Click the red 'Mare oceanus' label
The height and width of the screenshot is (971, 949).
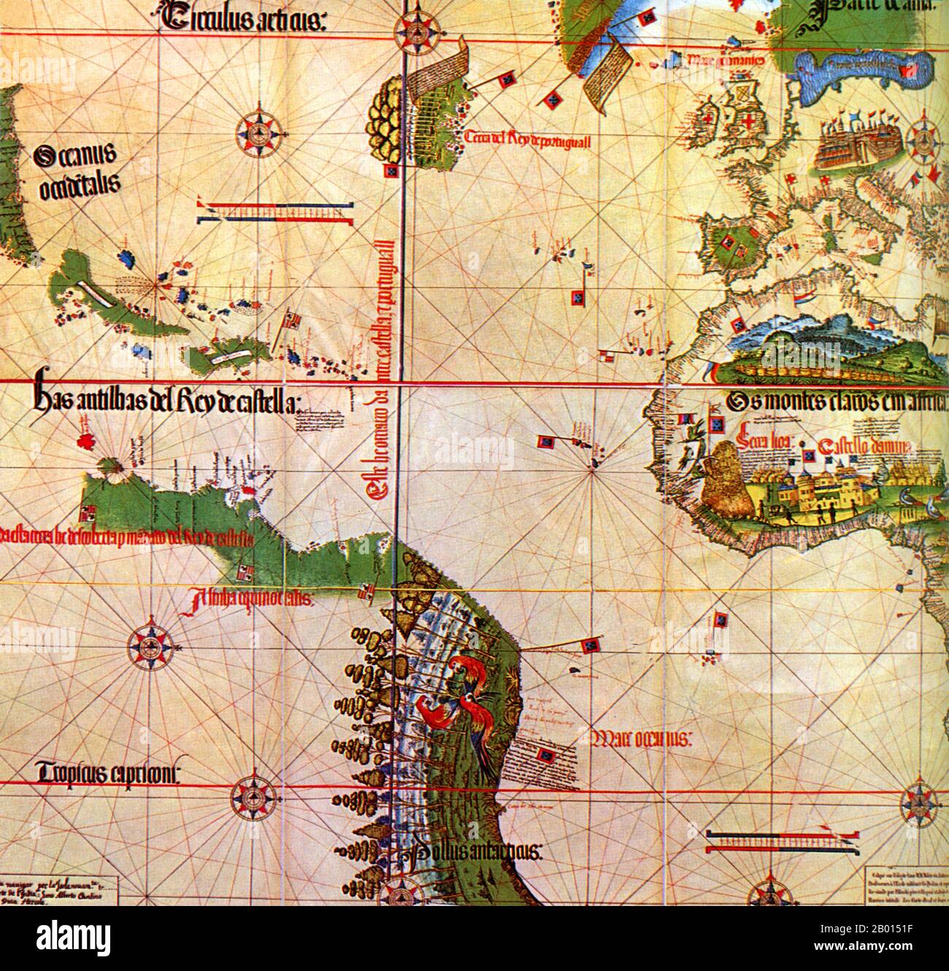[640, 740]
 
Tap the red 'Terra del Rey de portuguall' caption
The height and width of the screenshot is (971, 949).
[526, 139]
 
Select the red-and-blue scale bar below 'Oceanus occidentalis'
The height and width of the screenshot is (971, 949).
[274, 212]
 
